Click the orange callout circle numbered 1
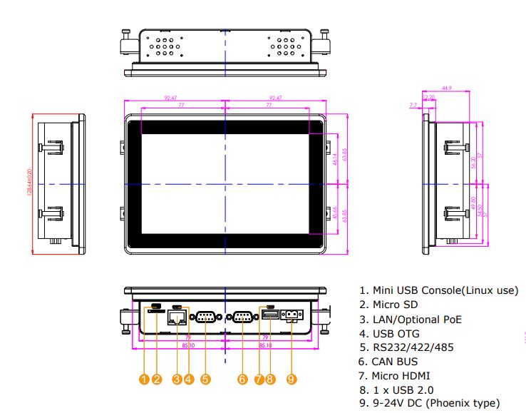coord(145,379)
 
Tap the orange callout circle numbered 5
coord(205,379)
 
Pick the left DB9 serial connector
coord(205,317)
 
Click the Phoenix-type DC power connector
coord(292,315)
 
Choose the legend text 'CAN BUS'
coord(395,362)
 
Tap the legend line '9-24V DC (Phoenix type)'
coord(434,404)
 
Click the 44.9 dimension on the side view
coord(447,88)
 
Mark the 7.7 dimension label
coord(413,105)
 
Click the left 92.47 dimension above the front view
coord(172,98)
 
